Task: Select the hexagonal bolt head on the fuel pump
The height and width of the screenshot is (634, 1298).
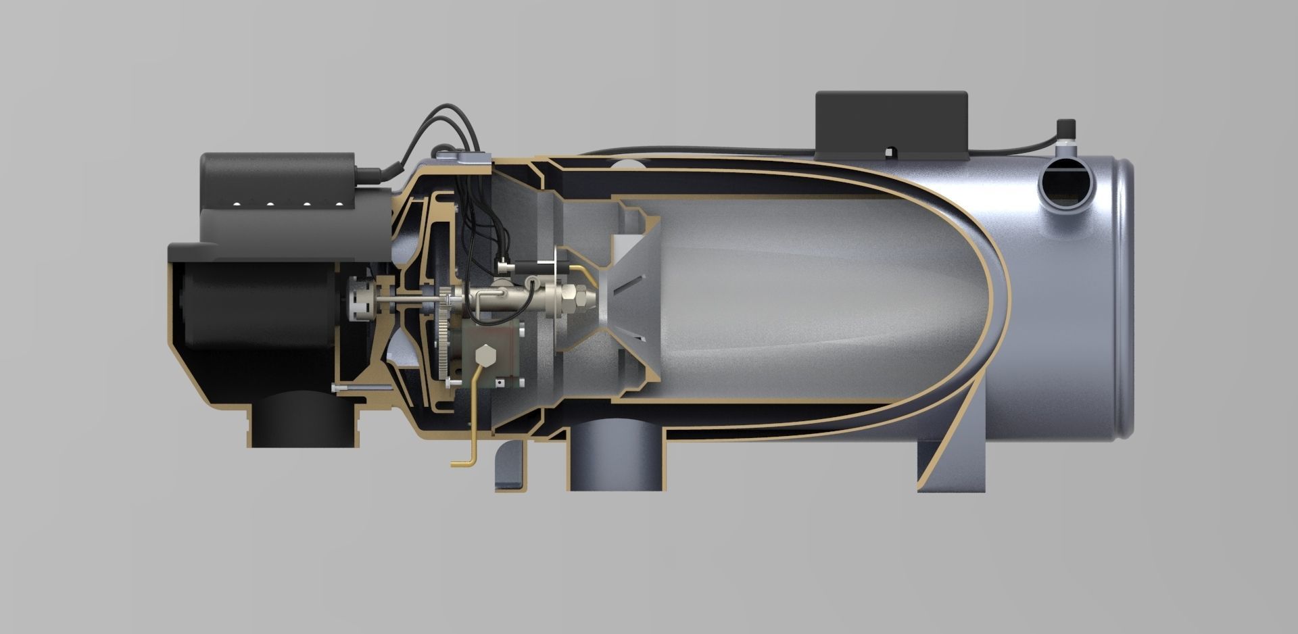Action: [485, 356]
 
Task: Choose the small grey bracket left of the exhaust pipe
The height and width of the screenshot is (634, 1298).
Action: [510, 466]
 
